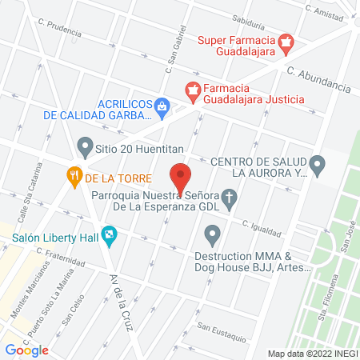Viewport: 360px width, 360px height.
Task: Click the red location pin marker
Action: pos(181,178)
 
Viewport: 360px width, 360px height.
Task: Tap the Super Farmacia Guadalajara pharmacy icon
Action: pos(285,42)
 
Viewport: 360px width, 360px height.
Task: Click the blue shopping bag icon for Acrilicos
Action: pos(162,105)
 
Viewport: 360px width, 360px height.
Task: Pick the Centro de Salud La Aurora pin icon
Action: pos(318,166)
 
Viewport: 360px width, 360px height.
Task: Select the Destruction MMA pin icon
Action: pos(212,235)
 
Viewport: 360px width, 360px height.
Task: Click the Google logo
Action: pos(26,350)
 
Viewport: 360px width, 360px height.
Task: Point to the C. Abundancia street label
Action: pos(319,78)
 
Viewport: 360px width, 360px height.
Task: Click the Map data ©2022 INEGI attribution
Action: pos(313,354)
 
